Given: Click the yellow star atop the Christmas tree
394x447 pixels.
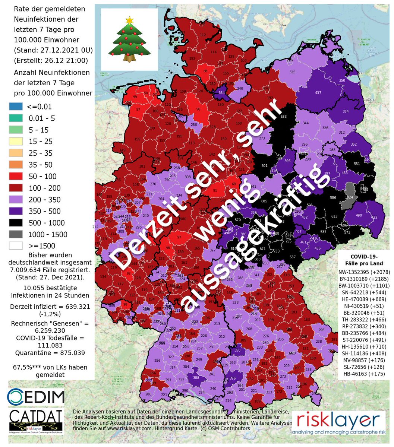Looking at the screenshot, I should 129,20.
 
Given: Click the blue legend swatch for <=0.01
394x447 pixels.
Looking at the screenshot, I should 16,107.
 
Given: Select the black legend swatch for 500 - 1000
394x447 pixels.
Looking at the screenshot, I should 16,223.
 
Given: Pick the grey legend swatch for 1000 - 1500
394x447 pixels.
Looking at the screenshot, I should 16,234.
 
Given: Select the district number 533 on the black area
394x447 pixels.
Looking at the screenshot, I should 284,117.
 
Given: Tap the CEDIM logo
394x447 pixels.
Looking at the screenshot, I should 36,396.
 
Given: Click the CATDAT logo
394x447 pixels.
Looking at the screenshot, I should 36,422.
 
